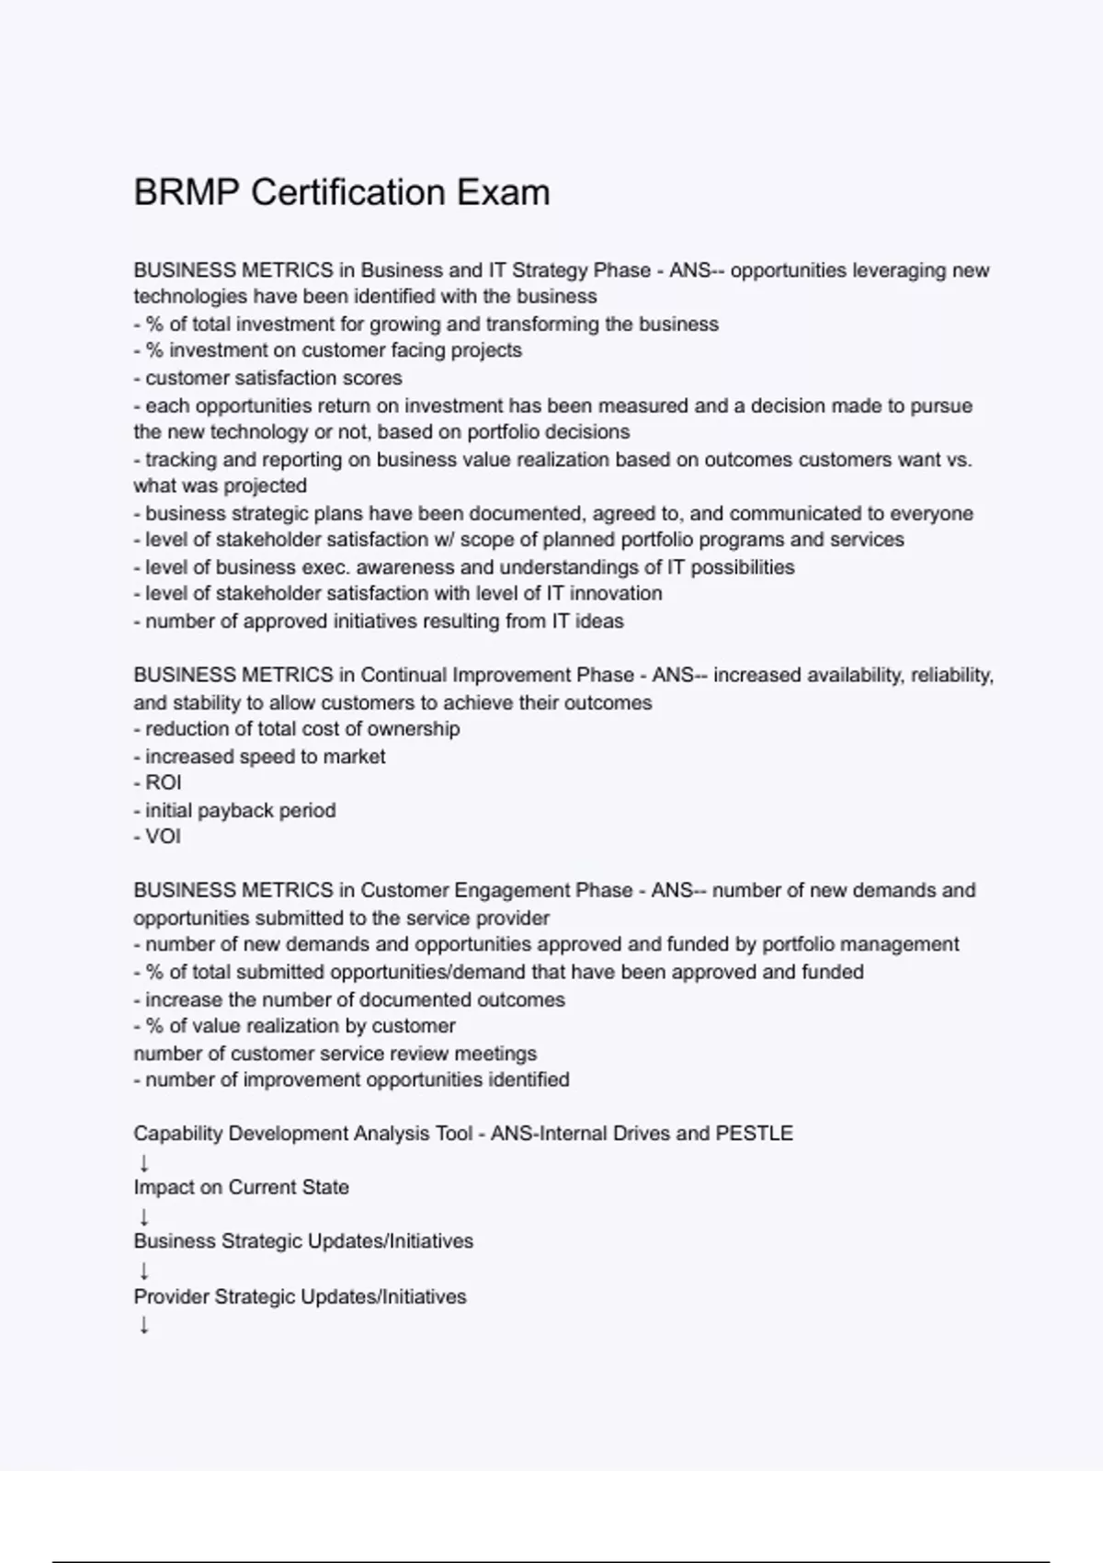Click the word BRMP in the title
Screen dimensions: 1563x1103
pos(187,193)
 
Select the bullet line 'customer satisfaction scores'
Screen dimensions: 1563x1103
pos(268,378)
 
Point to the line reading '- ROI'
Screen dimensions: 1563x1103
pos(157,782)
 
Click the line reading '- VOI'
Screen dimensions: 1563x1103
pos(157,837)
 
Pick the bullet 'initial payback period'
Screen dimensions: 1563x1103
pos(235,810)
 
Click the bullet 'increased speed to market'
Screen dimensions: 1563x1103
pos(260,757)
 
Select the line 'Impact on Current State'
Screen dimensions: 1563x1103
pos(241,1188)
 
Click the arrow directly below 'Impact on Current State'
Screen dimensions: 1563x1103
pos(143,1216)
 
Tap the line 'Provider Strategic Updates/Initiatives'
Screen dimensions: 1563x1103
pos(300,1296)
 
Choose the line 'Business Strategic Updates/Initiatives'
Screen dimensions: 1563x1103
pos(303,1241)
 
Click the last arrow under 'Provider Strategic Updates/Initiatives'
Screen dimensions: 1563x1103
pos(143,1325)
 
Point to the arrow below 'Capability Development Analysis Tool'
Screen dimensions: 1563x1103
pos(143,1162)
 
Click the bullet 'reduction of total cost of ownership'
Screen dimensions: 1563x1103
pos(297,729)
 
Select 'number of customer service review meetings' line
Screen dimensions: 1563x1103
pos(335,1054)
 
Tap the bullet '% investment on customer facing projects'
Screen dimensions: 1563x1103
pos(328,350)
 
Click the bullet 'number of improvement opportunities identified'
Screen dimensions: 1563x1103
pos(352,1079)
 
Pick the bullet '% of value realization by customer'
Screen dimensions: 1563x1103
pos(295,1026)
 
